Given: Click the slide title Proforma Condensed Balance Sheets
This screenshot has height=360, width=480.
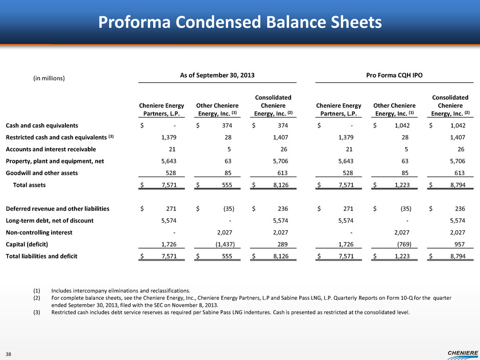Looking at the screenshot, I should click(239, 22).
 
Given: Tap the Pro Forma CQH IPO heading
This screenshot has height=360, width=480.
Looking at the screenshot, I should click(394, 75).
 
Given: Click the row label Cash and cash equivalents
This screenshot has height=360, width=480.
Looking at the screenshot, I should click(42, 125).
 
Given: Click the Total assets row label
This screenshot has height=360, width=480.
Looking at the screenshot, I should click(29, 185).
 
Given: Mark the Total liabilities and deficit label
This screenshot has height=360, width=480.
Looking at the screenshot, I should click(41, 256).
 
